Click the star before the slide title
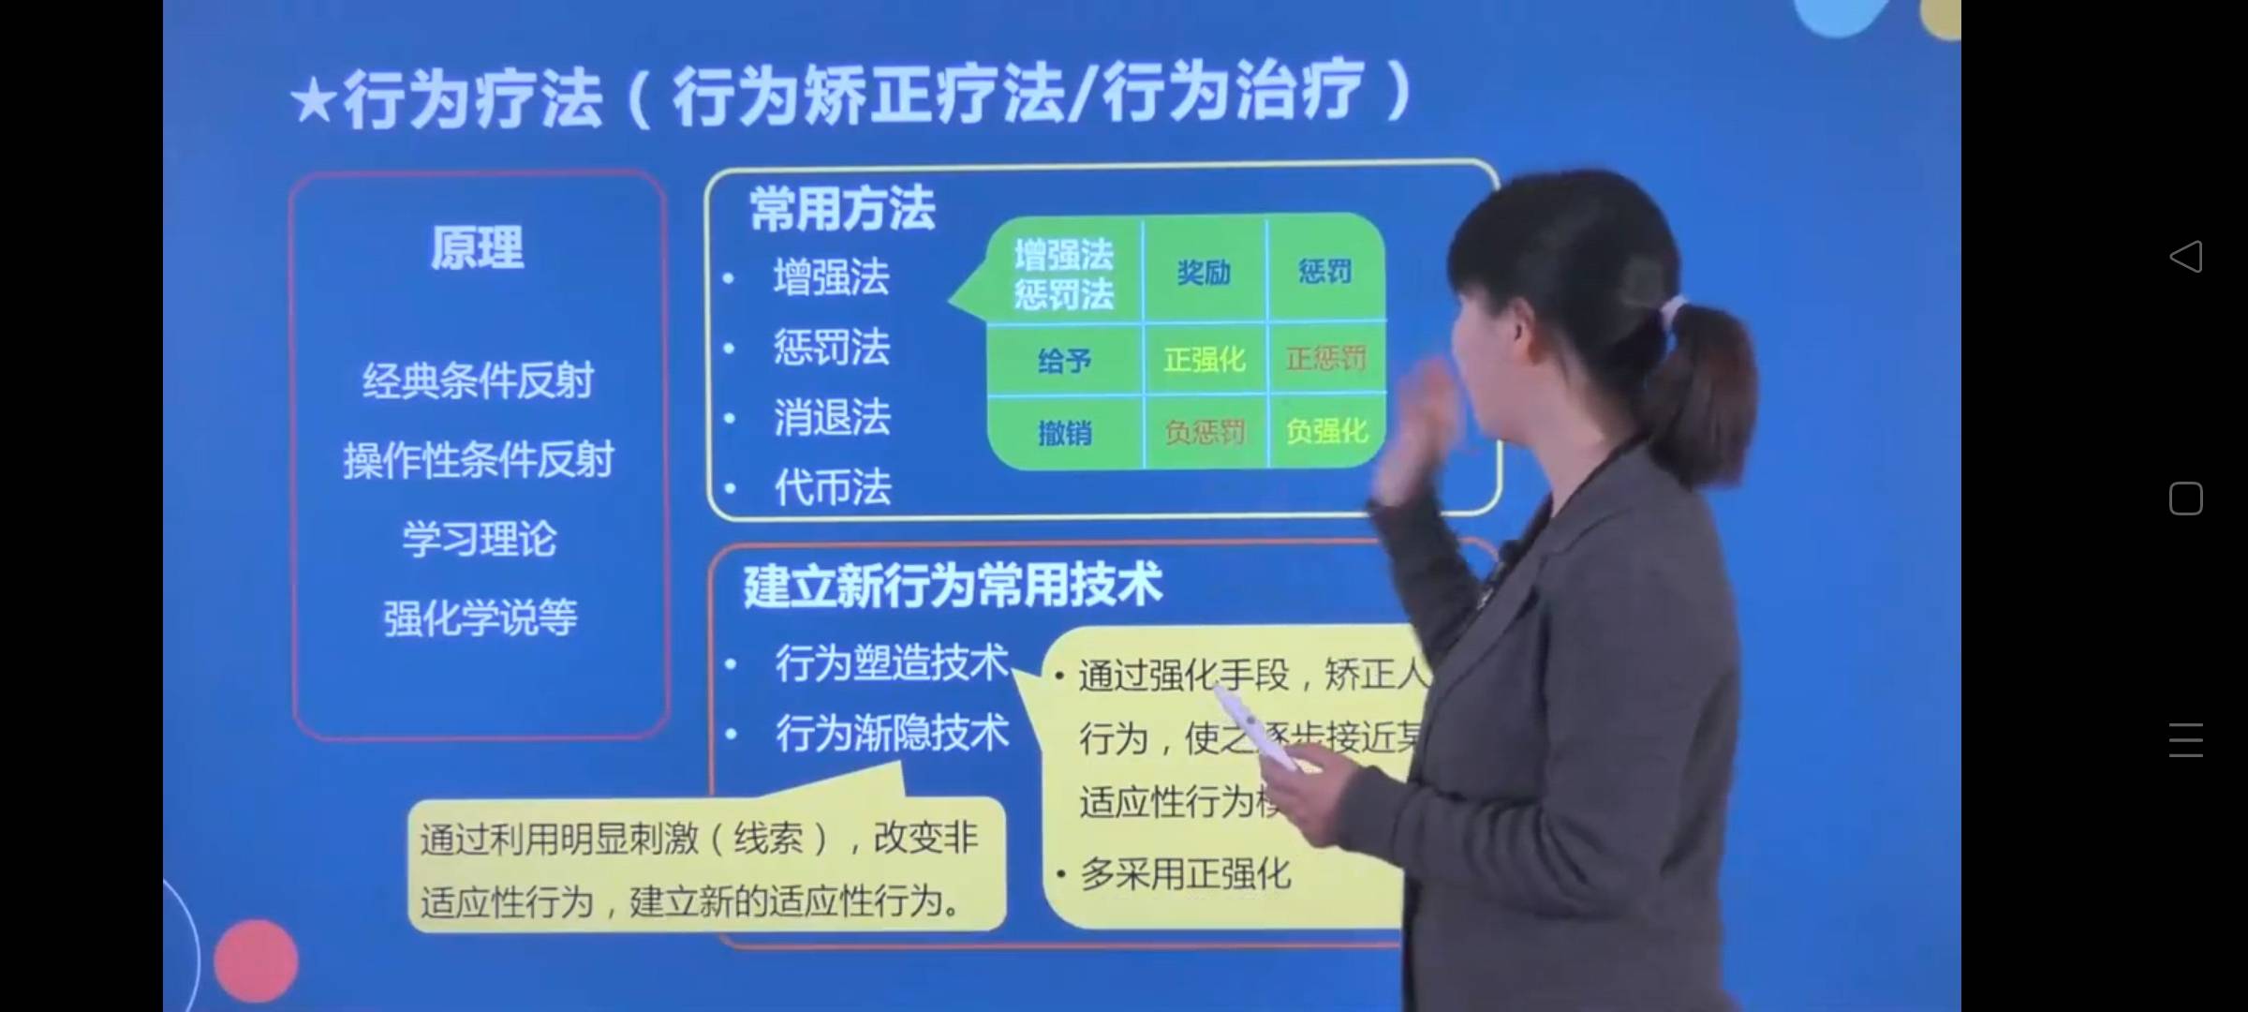pyautogui.click(x=314, y=101)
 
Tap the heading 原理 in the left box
pyautogui.click(x=477, y=248)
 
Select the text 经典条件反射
pyautogui.click(x=478, y=380)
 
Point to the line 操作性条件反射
pyautogui.click(x=478, y=460)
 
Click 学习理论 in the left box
pyautogui.click(x=479, y=539)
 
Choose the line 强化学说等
pyautogui.click(x=480, y=618)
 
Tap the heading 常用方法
pyautogui.click(x=841, y=208)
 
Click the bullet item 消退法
pyautogui.click(x=832, y=417)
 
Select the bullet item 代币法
pyautogui.click(x=832, y=487)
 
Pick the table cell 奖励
pyautogui.click(x=1204, y=272)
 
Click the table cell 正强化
pyautogui.click(x=1204, y=359)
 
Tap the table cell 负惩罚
pyautogui.click(x=1205, y=432)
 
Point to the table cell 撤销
pyautogui.click(x=1064, y=433)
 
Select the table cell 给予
pyautogui.click(x=1064, y=361)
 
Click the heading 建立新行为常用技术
pyautogui.click(x=952, y=586)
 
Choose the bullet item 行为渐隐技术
pyautogui.click(x=892, y=733)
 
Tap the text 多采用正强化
pyautogui.click(x=1186, y=874)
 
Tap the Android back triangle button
pyautogui.click(x=2185, y=256)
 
